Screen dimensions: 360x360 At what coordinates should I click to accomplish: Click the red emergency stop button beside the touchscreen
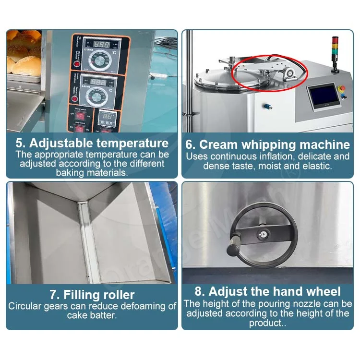tap(342, 89)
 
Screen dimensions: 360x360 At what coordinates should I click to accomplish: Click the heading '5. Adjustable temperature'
tap(92, 143)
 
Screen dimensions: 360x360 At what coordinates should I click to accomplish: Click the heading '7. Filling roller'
tap(92, 294)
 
